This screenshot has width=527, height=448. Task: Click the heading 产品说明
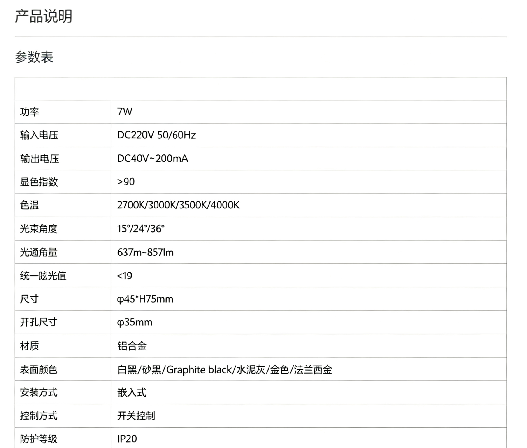pyautogui.click(x=43, y=16)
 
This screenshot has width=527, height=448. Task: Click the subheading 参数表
pyautogui.click(x=34, y=57)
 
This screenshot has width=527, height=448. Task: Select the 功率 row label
pyautogui.click(x=29, y=112)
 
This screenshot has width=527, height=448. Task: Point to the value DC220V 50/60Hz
pyautogui.click(x=156, y=135)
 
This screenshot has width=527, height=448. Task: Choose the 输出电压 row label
pyautogui.click(x=40, y=159)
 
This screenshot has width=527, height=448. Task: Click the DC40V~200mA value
pyautogui.click(x=153, y=158)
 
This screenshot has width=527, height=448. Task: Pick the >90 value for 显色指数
pyautogui.click(x=126, y=182)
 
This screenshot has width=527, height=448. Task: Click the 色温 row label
pyautogui.click(x=29, y=205)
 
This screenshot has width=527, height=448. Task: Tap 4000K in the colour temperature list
pyautogui.click(x=225, y=205)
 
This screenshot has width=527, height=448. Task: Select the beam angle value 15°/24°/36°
pyautogui.click(x=141, y=228)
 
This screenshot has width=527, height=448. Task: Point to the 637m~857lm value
pyautogui.click(x=145, y=252)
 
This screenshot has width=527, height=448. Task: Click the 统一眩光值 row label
pyautogui.click(x=43, y=276)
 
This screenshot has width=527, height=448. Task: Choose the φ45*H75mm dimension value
pyautogui.click(x=145, y=299)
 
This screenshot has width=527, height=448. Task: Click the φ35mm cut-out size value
pyautogui.click(x=135, y=322)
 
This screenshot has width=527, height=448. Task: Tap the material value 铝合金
pyautogui.click(x=132, y=346)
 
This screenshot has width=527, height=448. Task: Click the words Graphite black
pyautogui.click(x=199, y=370)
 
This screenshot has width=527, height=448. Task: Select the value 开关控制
pyautogui.click(x=136, y=416)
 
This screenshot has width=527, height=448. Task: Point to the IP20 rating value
pyautogui.click(x=127, y=439)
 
